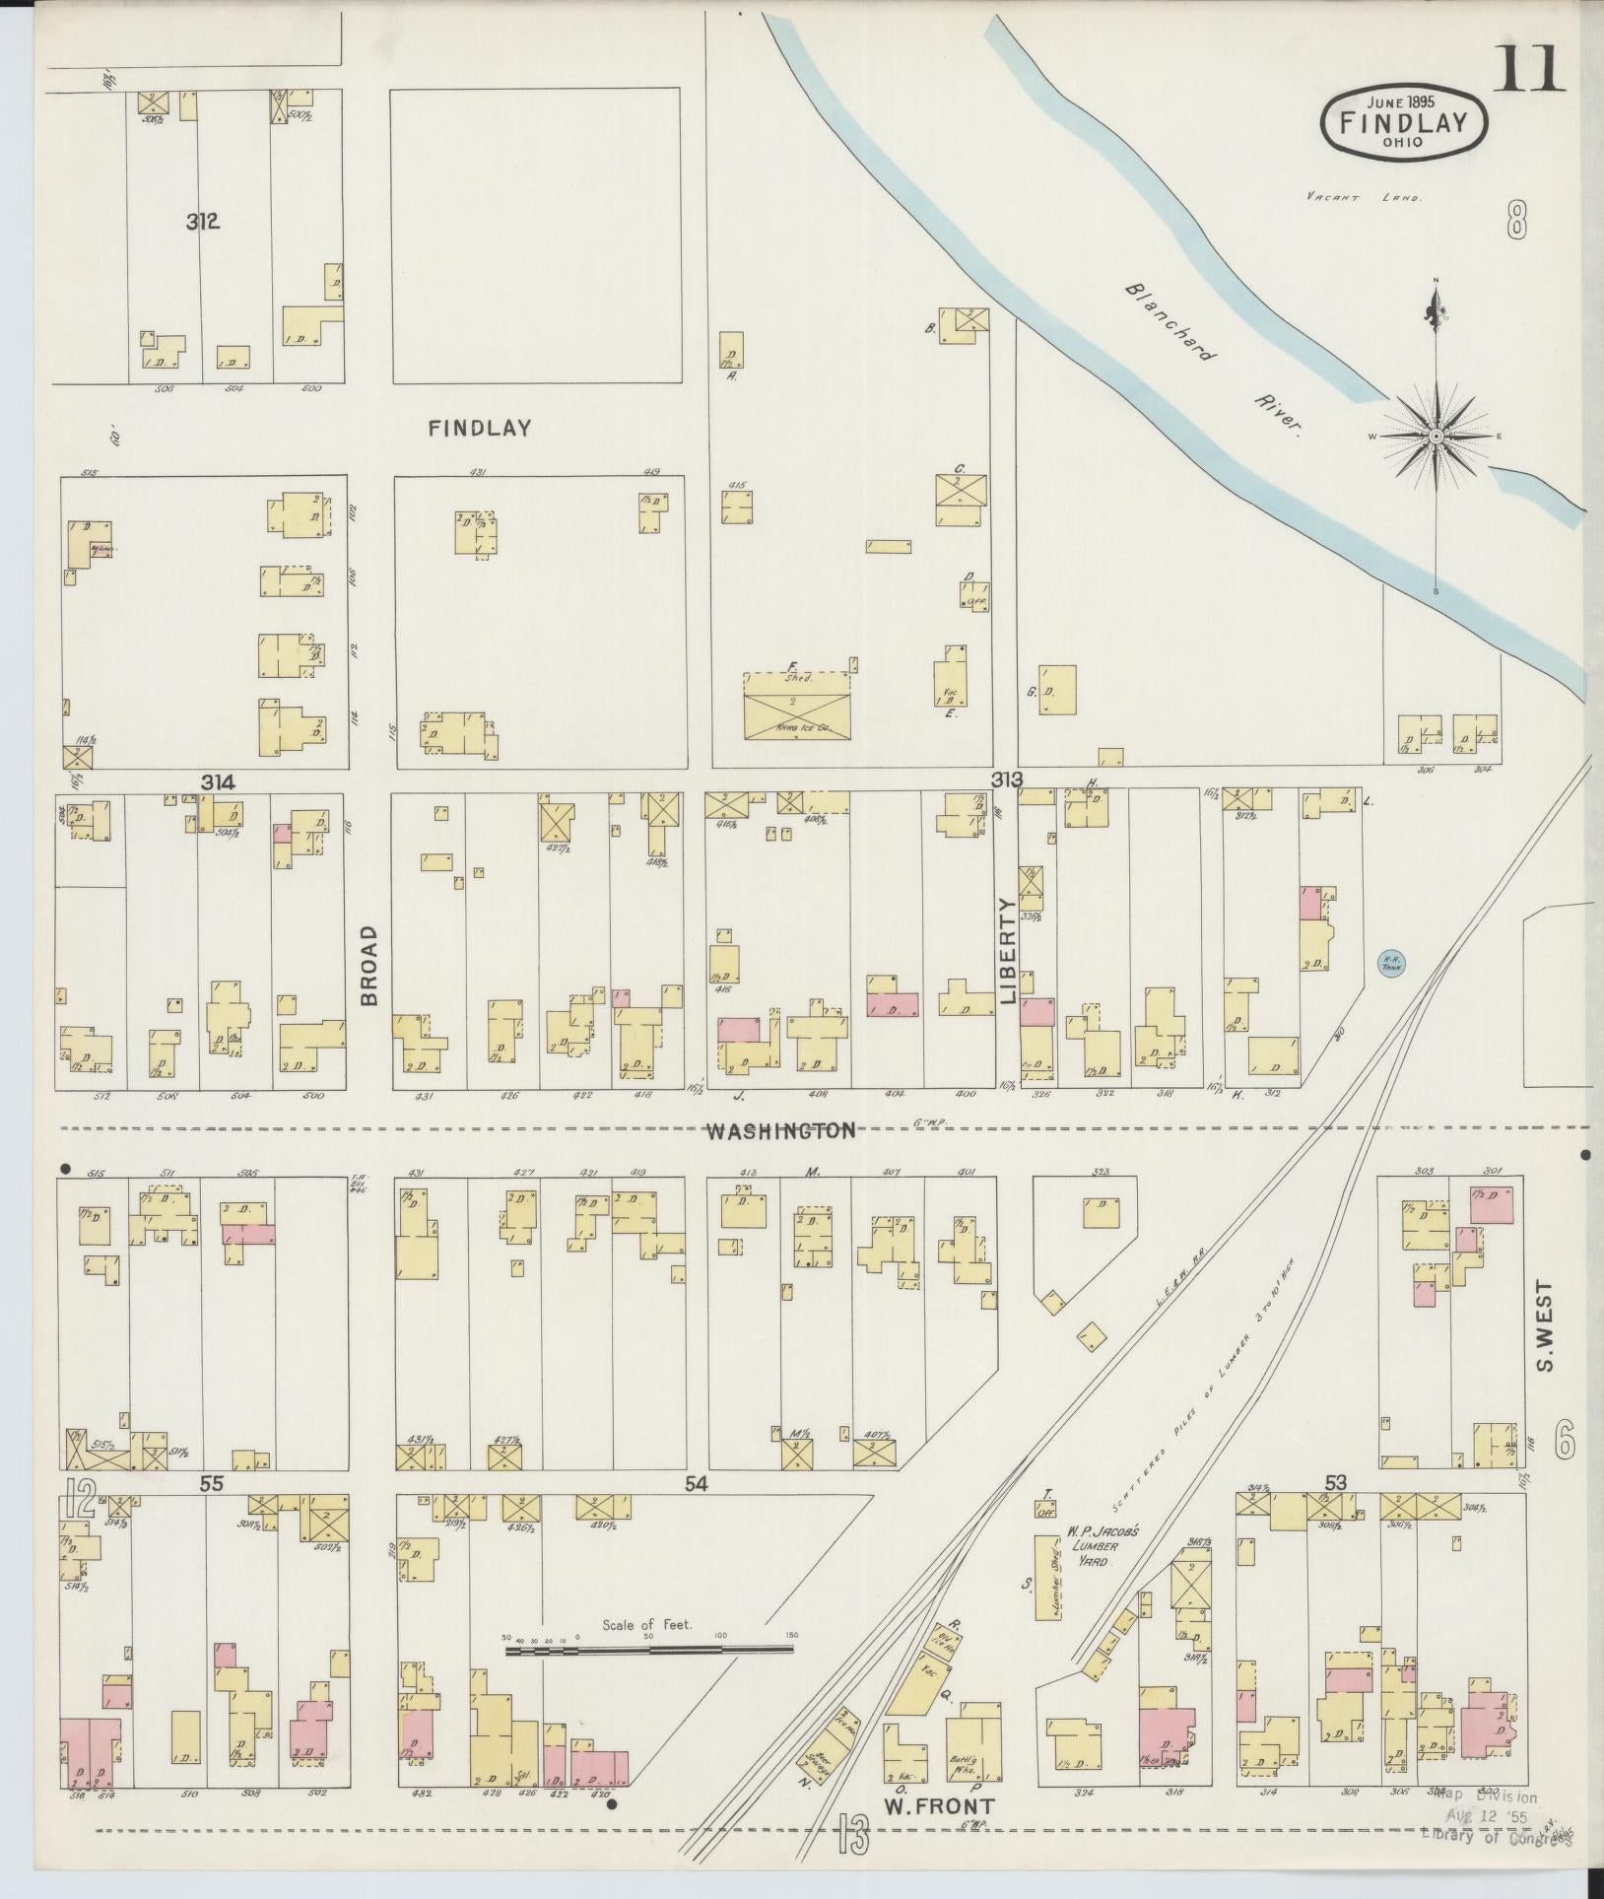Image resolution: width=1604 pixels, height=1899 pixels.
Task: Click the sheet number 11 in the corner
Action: (x=1529, y=69)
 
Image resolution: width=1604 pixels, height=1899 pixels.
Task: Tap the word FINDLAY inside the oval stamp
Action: (x=1404, y=122)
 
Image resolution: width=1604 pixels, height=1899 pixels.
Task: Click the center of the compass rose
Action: (x=1436, y=436)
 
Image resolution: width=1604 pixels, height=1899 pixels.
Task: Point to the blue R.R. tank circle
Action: (x=1390, y=961)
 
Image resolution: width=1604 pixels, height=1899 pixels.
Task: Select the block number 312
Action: (x=202, y=221)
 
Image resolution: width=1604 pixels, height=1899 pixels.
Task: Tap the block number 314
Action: (x=218, y=782)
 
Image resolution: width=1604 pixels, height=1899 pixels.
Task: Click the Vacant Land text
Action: (x=1364, y=197)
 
